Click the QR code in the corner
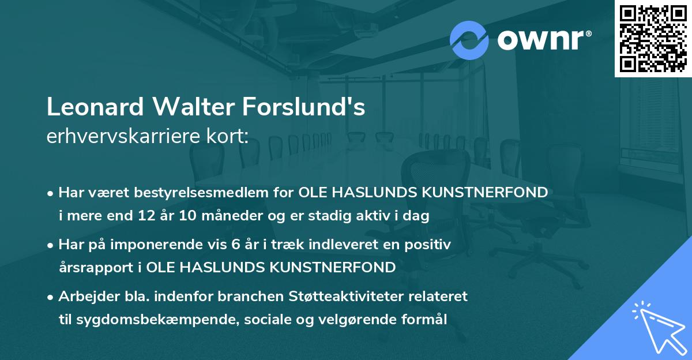tap(653, 38)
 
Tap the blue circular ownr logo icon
tap(469, 40)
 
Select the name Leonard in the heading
tap(95, 108)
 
